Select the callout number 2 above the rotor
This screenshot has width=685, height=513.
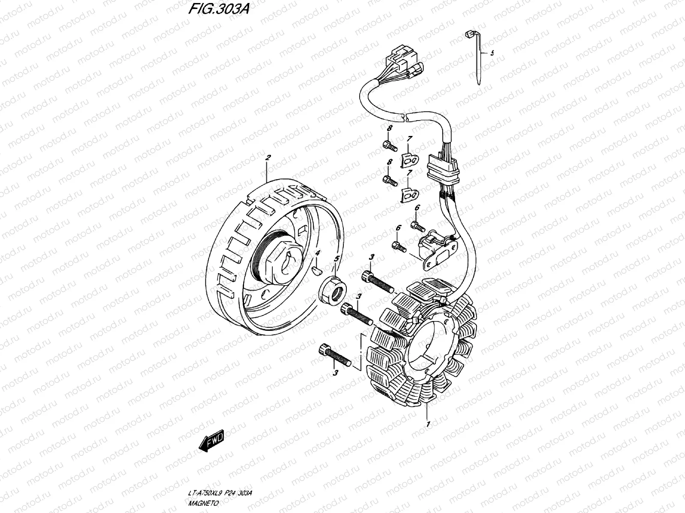tap(268, 158)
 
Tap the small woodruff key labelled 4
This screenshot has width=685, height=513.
tap(317, 270)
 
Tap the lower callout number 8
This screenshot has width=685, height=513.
tap(390, 162)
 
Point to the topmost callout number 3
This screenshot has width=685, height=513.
tap(372, 257)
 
